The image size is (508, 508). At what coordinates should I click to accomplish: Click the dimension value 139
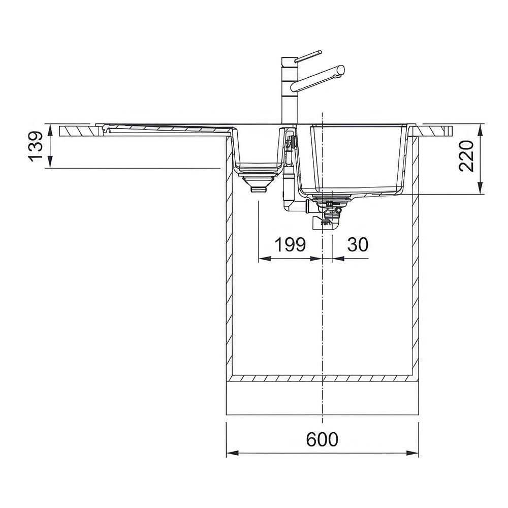[36, 146]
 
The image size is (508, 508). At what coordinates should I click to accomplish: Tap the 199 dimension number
[290, 245]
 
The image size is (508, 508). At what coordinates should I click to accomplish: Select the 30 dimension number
[358, 245]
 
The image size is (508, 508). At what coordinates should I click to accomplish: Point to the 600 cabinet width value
[322, 439]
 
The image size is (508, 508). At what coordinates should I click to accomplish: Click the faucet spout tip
[341, 70]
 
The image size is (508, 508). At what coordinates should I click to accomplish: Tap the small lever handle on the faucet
[308, 56]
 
